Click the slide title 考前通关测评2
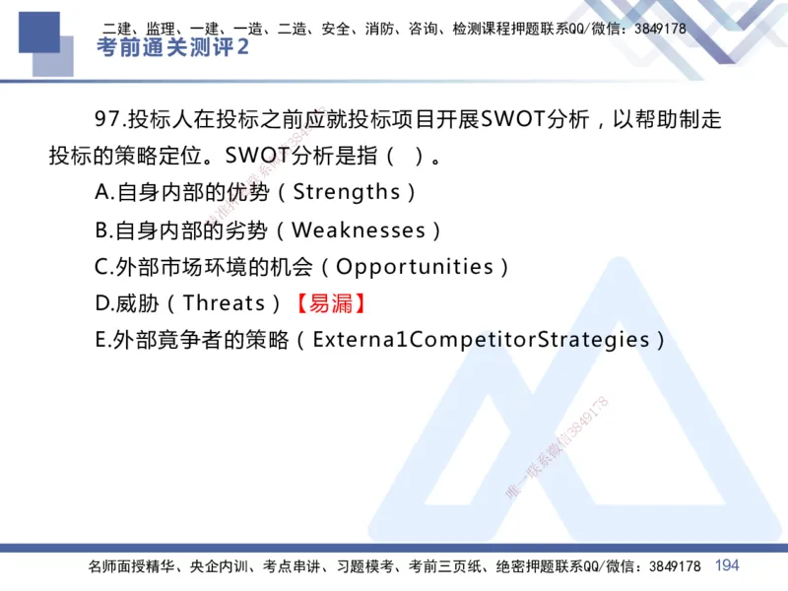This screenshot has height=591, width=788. point(172,48)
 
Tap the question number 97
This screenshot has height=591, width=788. point(107,120)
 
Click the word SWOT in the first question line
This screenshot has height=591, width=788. point(516,120)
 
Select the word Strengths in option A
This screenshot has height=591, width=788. point(347,192)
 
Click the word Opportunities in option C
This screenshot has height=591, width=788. point(415,267)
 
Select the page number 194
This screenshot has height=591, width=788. point(727,565)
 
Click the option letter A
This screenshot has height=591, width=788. point(101,192)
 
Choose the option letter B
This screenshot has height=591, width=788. point(101,230)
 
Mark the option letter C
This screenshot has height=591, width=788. point(101,267)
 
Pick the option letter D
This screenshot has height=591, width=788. point(102,303)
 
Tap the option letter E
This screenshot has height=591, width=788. point(100,341)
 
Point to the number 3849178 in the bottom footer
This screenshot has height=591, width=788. point(670,566)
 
